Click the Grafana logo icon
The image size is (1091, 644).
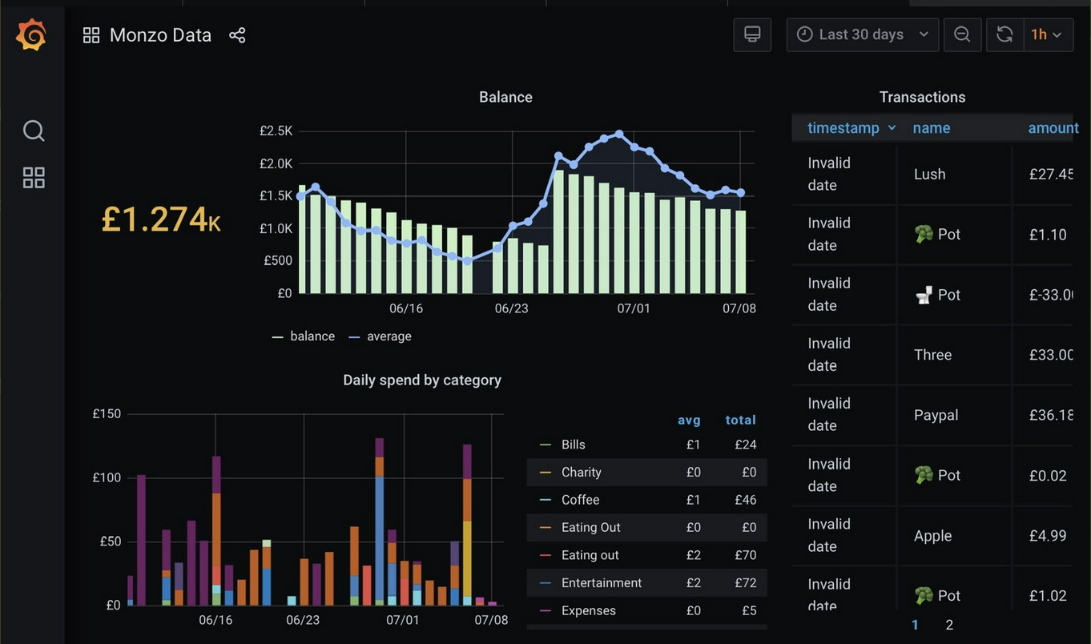(x=31, y=35)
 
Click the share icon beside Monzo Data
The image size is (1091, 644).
(x=237, y=35)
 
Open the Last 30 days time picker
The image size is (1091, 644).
(x=862, y=34)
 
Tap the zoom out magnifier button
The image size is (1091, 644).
(x=962, y=34)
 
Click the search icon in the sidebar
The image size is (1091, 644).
(x=34, y=131)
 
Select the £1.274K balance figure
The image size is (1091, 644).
(x=161, y=219)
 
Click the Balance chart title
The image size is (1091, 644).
(x=505, y=97)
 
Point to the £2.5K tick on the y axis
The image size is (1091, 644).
(x=276, y=131)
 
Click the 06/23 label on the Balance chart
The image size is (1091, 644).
(x=511, y=308)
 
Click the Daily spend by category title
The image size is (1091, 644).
(x=422, y=380)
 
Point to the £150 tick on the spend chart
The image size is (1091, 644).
(x=107, y=414)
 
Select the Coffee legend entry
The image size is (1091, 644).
(x=580, y=500)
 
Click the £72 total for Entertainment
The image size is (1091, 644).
(x=745, y=583)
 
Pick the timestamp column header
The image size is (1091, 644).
(x=843, y=128)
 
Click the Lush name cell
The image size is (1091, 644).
(x=929, y=174)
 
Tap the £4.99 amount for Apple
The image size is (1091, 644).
(x=1048, y=536)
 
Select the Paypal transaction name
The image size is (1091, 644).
(x=936, y=415)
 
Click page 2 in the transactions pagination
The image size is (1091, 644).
(x=949, y=625)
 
